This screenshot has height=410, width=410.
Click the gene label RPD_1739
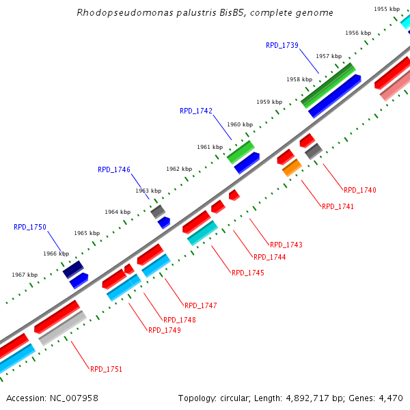click(x=282, y=45)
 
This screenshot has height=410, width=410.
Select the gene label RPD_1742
click(x=196, y=111)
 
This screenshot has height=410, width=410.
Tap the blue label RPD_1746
click(x=114, y=169)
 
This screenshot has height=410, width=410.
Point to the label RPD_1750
click(x=30, y=227)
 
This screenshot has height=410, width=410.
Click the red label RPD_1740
click(x=360, y=190)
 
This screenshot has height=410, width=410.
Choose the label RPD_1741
click(x=338, y=206)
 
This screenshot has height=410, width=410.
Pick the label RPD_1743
click(x=286, y=245)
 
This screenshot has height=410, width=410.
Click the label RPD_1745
click(x=248, y=273)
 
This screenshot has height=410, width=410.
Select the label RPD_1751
click(x=107, y=369)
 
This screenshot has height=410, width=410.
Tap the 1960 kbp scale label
click(x=240, y=124)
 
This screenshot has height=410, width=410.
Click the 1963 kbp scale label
click(x=148, y=191)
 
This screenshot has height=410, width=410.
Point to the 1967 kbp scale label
click(x=25, y=275)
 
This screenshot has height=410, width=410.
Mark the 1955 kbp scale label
click(x=387, y=9)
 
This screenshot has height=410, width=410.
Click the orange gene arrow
click(x=292, y=167)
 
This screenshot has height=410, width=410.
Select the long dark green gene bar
click(x=329, y=85)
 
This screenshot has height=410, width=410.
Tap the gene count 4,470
click(x=390, y=398)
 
